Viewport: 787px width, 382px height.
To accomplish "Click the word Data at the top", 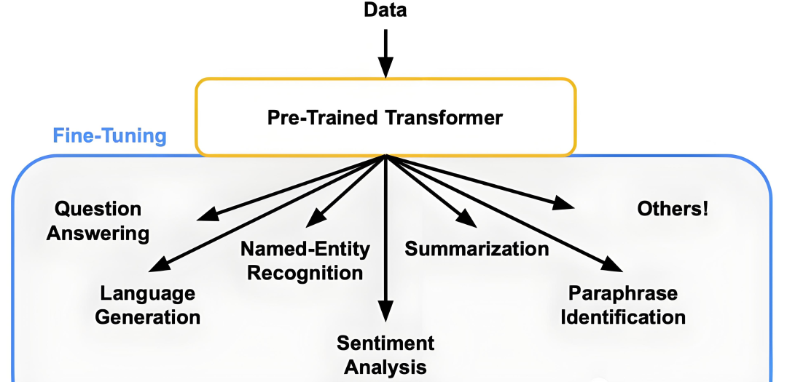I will [385, 10].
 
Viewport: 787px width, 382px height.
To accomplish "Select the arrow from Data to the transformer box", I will [385, 51].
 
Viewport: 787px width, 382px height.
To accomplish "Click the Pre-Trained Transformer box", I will [385, 117].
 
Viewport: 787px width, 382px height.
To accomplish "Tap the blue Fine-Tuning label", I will [110, 136].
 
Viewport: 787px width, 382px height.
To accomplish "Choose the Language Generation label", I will [148, 306].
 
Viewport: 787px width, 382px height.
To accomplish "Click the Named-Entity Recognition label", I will [305, 261].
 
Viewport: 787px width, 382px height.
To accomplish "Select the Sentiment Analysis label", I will [385, 354].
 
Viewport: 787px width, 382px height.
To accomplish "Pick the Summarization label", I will [477, 249].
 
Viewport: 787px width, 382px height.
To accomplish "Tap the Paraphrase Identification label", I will [627, 306].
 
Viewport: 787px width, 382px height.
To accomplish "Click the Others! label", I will [672, 210].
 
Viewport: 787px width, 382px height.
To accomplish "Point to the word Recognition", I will [305, 273].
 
